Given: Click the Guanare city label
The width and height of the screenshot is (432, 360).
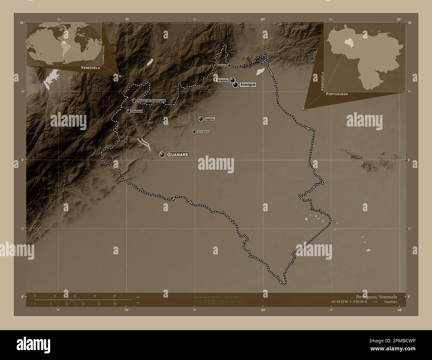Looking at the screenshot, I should pyautogui.click(x=178, y=154).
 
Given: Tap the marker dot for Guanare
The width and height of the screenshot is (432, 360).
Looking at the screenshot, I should pyautogui.click(x=162, y=154).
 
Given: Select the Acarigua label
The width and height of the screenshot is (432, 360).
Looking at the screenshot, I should pyautogui.click(x=248, y=85).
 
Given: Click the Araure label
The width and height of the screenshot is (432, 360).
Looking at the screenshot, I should pyautogui.click(x=222, y=80).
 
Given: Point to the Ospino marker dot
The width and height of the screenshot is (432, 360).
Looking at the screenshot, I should pyautogui.click(x=201, y=119).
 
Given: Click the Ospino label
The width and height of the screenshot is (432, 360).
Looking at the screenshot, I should pyautogui.click(x=210, y=119).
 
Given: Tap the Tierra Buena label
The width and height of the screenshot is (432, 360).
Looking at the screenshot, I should pyautogui.click(x=203, y=132).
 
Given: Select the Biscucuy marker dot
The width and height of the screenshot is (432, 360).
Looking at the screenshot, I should pyautogui.click(x=129, y=111).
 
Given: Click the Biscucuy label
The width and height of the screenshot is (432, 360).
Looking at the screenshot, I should pyautogui.click(x=137, y=111).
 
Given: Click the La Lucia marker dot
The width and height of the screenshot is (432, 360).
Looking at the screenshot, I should pyautogui.click(x=229, y=65).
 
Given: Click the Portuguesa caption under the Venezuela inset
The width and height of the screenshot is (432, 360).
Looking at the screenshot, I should pyautogui.click(x=337, y=94).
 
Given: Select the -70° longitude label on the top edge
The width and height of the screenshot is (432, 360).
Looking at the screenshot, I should pyautogui.click(x=127, y=19).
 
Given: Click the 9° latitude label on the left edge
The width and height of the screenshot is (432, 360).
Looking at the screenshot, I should pyautogui.click(x=22, y=160).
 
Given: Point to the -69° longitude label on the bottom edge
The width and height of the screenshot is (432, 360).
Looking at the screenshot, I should pyautogui.click(x=263, y=310).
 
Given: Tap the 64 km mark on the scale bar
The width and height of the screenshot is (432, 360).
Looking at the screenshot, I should pyautogui.click(x=114, y=296).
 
